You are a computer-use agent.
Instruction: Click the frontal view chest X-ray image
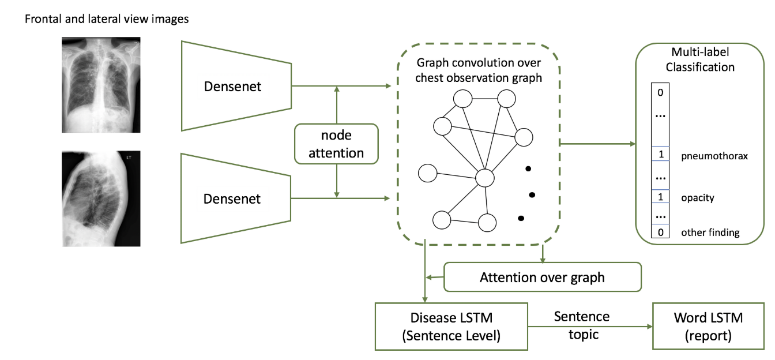click(x=101, y=85)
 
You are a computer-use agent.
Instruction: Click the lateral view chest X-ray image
click(x=101, y=198)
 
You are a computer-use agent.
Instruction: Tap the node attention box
click(x=336, y=144)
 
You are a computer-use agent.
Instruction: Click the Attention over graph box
click(x=542, y=277)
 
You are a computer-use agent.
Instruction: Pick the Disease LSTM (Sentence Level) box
click(x=451, y=326)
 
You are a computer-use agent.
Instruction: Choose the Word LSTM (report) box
click(x=708, y=326)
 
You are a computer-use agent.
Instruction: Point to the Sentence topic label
click(x=581, y=325)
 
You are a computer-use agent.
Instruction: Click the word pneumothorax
click(x=714, y=155)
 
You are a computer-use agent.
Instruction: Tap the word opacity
click(x=697, y=198)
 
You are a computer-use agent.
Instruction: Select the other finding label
click(x=710, y=232)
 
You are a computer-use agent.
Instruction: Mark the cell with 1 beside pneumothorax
click(x=660, y=155)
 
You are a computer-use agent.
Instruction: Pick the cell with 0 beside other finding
click(x=660, y=232)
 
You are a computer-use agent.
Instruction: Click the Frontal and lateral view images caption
click(x=107, y=19)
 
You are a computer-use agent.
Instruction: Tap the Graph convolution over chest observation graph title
click(x=479, y=69)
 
